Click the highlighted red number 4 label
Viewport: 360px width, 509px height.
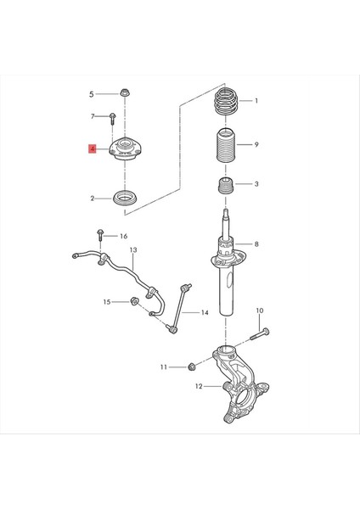[x=94, y=149]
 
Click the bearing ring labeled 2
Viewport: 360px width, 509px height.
[x=126, y=199]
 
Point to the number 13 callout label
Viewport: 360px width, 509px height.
[x=133, y=251]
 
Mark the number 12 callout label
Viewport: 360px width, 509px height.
[x=199, y=387]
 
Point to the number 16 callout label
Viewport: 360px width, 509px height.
[x=124, y=236]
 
